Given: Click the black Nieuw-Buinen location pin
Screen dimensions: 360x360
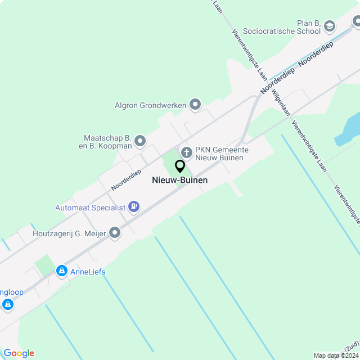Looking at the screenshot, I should pyautogui.click(x=180, y=166).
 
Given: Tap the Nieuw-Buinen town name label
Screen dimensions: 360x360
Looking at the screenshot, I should pyautogui.click(x=180, y=181).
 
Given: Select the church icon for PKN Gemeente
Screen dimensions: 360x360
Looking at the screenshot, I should pyautogui.click(x=186, y=151).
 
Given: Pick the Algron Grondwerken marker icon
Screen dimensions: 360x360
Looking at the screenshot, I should pyautogui.click(x=195, y=104).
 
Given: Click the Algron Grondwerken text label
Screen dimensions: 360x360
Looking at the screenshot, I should pyautogui.click(x=150, y=105).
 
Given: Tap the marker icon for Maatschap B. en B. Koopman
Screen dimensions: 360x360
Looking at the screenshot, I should pyautogui.click(x=140, y=141).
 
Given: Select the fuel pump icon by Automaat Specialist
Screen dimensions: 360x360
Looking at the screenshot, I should pyautogui.click(x=134, y=207).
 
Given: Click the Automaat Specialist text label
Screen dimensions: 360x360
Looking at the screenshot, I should pyautogui.click(x=89, y=208).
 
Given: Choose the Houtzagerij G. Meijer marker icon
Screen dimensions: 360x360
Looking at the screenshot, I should pyautogui.click(x=115, y=232).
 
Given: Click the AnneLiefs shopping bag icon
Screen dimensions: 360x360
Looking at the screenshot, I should pyautogui.click(x=61, y=272).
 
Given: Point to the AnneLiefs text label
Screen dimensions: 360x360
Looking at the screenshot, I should pyautogui.click(x=88, y=272).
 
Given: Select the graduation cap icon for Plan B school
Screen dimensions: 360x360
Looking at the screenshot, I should pyautogui.click(x=330, y=25).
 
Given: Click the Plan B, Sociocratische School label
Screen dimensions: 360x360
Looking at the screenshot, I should pyautogui.click(x=289, y=26).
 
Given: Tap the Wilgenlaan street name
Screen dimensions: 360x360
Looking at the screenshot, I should pyautogui.click(x=281, y=102).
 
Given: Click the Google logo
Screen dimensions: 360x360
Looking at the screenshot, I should pyautogui.click(x=19, y=353).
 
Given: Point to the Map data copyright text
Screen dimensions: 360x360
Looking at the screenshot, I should pyautogui.click(x=336, y=355).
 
